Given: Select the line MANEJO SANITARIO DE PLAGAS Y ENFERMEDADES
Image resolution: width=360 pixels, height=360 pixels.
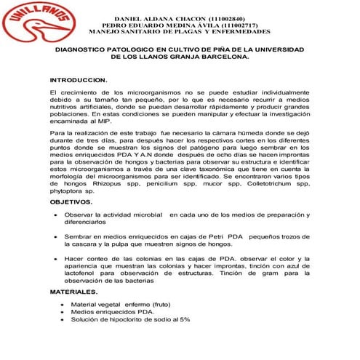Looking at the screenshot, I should (179, 33).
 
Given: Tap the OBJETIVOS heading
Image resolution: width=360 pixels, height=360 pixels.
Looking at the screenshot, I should (71, 201).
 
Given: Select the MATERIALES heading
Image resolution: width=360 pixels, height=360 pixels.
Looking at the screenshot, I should (73, 291).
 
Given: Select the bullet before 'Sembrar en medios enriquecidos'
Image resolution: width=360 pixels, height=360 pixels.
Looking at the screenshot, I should (57, 237).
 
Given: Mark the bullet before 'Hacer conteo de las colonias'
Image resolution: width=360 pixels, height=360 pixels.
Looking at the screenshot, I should (57, 258).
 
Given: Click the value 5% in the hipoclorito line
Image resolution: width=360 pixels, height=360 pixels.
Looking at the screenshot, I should (184, 319).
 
